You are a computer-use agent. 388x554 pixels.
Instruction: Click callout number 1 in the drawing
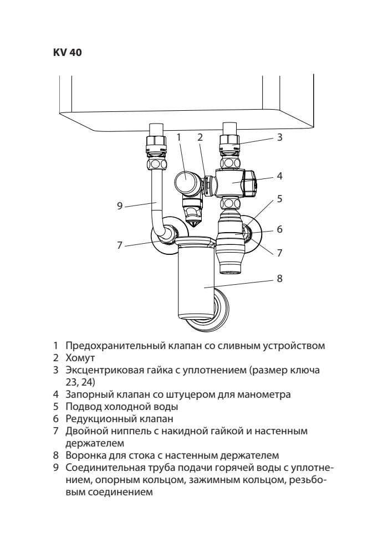click(179, 136)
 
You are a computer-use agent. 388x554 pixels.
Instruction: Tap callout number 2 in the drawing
click(200, 136)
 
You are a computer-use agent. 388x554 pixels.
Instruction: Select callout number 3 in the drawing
click(280, 137)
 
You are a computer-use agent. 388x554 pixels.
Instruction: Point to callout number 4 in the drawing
click(280, 176)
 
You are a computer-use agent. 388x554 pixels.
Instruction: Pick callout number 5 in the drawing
click(280, 198)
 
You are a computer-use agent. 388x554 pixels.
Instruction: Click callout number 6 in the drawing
click(280, 228)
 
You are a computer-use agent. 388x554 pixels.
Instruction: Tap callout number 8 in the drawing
click(280, 278)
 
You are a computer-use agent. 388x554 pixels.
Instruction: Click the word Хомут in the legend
click(80, 358)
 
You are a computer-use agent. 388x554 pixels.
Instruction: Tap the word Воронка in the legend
click(84, 455)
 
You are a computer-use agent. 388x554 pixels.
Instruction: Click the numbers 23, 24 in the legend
click(80, 382)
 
